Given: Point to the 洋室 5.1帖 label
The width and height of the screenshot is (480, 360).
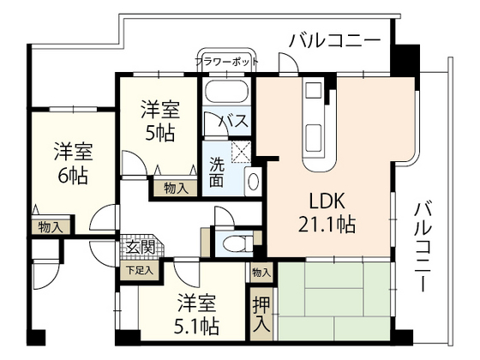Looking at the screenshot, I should click(198, 315).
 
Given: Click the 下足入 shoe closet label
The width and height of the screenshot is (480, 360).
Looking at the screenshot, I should click(138, 269).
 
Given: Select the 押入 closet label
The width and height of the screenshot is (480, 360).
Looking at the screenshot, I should click(261, 313).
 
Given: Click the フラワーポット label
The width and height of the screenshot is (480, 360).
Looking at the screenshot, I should click(226, 62).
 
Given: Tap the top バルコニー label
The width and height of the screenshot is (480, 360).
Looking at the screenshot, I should click(334, 40).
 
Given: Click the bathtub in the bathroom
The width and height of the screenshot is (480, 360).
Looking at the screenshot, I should click(226, 92).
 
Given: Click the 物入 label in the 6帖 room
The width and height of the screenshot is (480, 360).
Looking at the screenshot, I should click(51, 227).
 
